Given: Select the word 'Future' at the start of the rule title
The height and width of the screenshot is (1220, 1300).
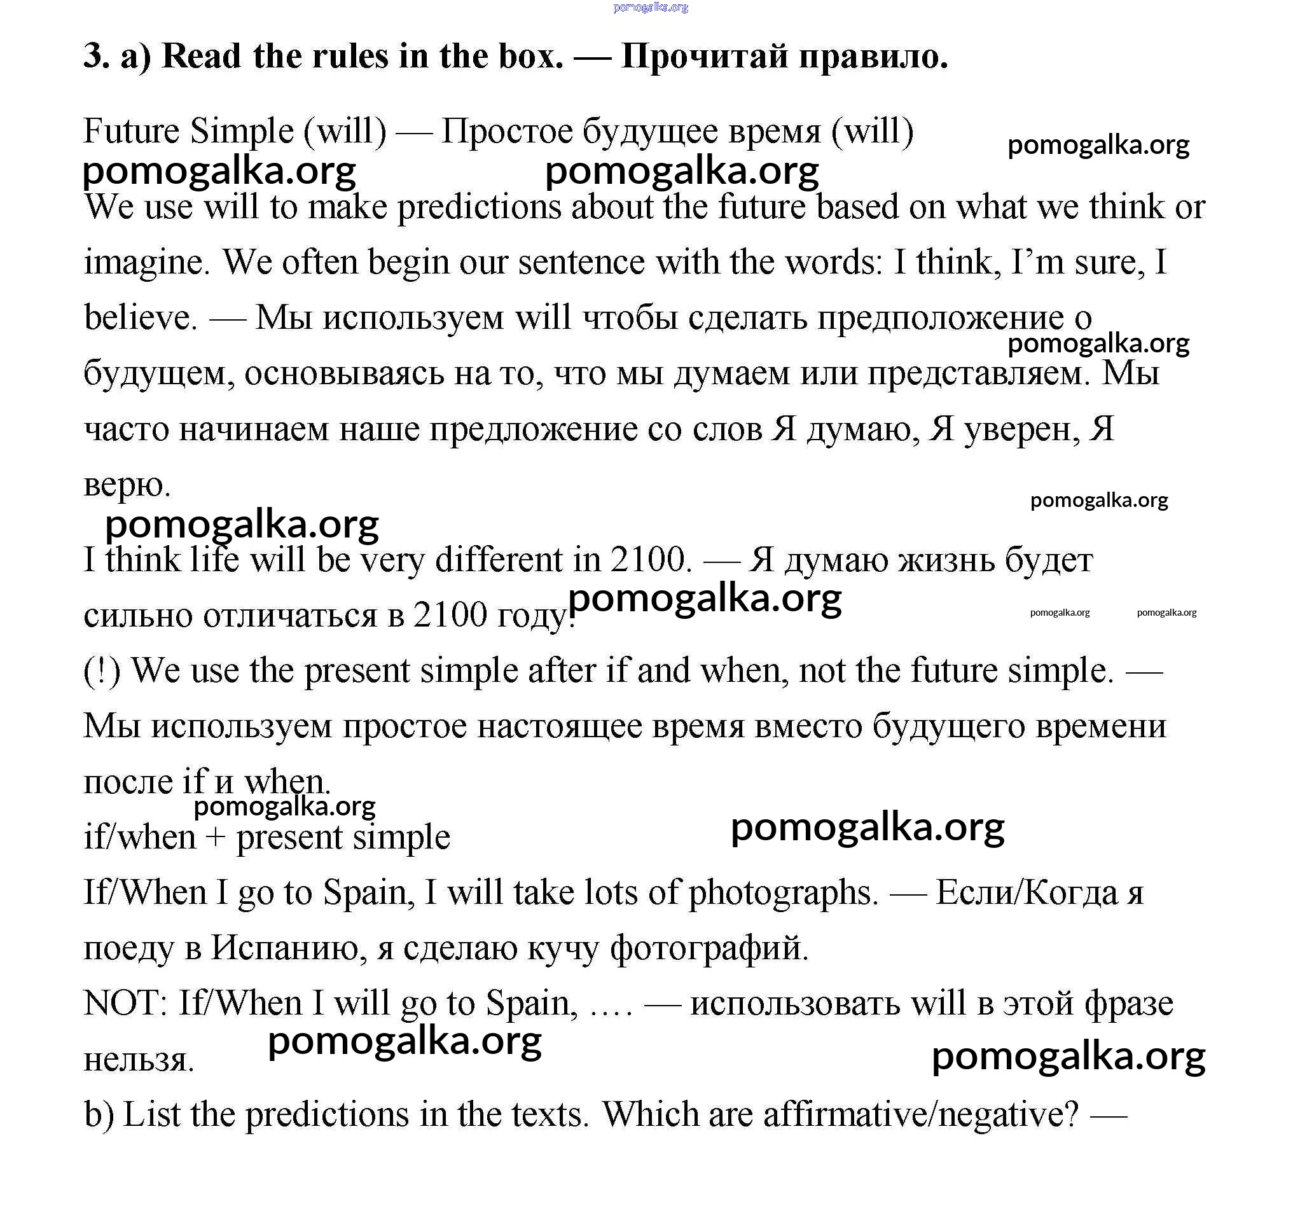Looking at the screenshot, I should click(x=131, y=132).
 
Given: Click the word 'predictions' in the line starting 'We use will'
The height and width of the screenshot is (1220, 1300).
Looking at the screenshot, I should click(x=479, y=207).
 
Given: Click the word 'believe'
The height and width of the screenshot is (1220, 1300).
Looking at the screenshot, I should click(x=139, y=319).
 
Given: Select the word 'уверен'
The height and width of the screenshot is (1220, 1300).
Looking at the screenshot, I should click(x=1021, y=430).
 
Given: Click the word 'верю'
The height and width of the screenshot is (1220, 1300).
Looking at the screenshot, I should click(x=126, y=485).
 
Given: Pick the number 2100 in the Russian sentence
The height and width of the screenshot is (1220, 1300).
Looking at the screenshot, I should click(x=450, y=616).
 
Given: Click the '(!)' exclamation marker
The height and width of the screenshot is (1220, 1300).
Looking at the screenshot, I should click(x=102, y=671).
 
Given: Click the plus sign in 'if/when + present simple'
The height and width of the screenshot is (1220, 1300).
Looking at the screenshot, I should click(x=215, y=838).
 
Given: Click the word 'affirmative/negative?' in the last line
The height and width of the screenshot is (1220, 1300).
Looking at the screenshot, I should click(x=920, y=1114).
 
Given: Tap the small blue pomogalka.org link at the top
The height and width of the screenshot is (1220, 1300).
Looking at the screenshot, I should click(x=650, y=8).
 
